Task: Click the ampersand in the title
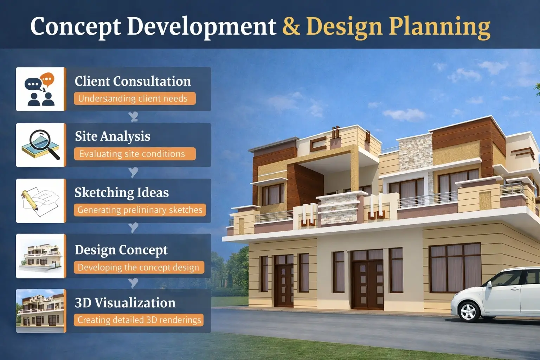[291, 27]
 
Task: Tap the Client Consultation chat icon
[40, 89]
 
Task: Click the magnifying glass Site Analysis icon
[40, 145]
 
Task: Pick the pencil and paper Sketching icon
[40, 200]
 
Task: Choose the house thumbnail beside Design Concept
[40, 256]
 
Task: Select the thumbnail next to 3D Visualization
[40, 311]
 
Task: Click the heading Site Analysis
[112, 136]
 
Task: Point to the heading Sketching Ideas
[122, 193]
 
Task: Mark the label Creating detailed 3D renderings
[139, 320]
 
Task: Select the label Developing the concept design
[139, 268]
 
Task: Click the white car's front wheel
[468, 311]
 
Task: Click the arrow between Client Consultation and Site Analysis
[133, 117]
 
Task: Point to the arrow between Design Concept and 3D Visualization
[133, 283]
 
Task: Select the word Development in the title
[201, 27]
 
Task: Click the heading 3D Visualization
[125, 303]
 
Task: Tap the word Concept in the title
[76, 27]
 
